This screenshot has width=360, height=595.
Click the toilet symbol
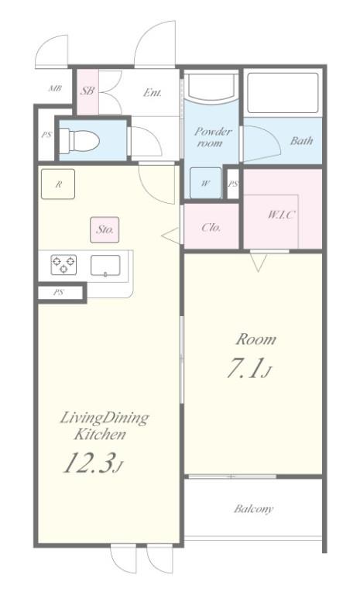click(x=80, y=141)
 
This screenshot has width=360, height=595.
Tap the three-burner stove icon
click(x=63, y=264)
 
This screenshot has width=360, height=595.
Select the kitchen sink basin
click(x=105, y=265)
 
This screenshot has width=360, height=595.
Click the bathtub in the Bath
click(x=283, y=93)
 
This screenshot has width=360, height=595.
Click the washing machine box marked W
click(x=205, y=183)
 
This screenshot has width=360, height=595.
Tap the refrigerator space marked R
click(x=58, y=184)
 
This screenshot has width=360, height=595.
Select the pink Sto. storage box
click(x=105, y=229)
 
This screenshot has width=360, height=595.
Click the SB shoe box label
click(x=87, y=91)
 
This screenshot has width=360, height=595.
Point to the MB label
click(x=56, y=89)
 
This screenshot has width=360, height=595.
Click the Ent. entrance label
click(x=153, y=92)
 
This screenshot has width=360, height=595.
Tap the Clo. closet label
click(x=211, y=227)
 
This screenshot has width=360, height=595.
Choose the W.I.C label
click(x=281, y=215)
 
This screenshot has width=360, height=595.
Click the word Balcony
click(x=253, y=508)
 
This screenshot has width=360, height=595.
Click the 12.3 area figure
click(x=93, y=463)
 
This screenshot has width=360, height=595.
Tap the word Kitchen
click(x=100, y=435)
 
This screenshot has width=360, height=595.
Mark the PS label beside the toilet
click(x=46, y=135)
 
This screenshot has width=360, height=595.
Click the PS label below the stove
click(x=58, y=293)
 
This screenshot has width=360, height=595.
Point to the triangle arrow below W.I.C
click(x=259, y=262)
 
